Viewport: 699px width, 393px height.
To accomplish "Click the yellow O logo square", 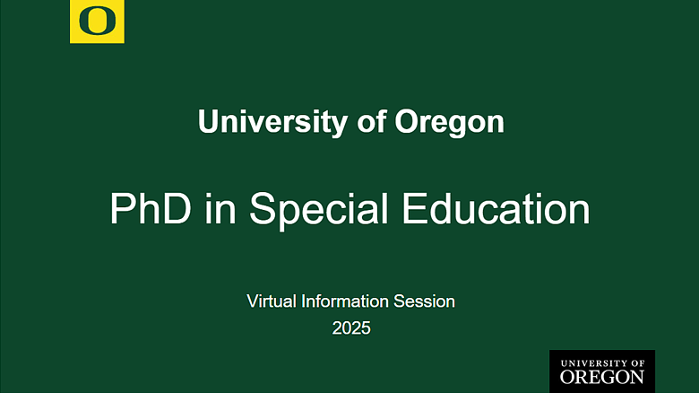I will point(97,22).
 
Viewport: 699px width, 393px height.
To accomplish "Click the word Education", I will point(496,209).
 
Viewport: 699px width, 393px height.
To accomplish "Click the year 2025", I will point(351,328).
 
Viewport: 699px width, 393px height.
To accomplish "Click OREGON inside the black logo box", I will point(601,377).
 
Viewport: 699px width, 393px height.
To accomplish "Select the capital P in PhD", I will point(121,209).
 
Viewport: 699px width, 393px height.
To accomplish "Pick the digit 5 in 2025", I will point(366,328).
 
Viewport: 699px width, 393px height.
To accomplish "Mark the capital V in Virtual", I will point(252,301).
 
